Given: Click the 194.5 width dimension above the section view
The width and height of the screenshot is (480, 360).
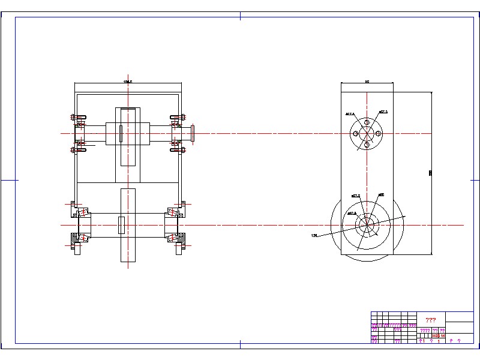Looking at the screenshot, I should tap(127, 81).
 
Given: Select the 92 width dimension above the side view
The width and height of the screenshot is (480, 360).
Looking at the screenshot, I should tap(367, 81).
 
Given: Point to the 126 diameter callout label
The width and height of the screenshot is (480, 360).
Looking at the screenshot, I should tap(314, 235).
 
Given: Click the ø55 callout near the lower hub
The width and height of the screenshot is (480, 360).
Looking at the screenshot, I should tap(381, 194).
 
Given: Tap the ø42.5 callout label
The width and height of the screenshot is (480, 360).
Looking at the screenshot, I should tap(352, 213).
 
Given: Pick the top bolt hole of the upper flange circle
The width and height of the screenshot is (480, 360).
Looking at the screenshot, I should tap(367, 122).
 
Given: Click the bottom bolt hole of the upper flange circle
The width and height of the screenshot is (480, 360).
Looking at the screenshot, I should tap(367, 145).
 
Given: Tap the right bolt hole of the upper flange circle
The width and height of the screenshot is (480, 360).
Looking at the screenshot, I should tap(378, 133).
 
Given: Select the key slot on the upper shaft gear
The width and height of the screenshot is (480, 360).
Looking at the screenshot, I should tap(121, 133).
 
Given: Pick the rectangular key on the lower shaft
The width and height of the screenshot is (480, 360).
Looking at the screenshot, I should tap(121, 225).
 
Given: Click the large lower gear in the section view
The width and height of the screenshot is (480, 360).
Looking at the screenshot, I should tap(128, 225).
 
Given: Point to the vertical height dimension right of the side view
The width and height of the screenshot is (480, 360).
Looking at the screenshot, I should tap(430, 173).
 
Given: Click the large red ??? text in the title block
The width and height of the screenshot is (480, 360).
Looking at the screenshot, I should tap(430, 320).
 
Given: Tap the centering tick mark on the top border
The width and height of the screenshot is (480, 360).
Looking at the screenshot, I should tap(240, 16).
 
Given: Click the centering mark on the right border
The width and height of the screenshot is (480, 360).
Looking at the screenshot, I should tap(472, 179).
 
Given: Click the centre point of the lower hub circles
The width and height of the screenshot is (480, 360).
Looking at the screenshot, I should tap(367, 225).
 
